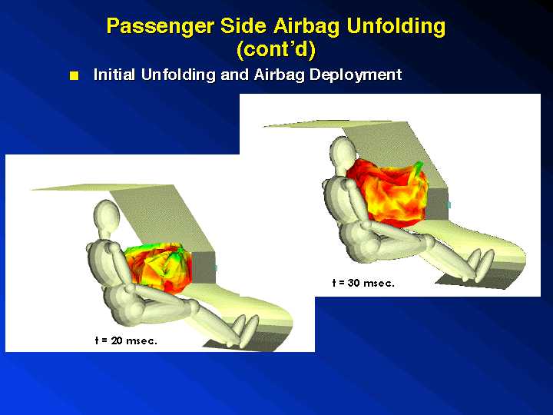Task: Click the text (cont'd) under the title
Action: coord(276,49)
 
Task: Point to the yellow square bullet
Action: coord(74,76)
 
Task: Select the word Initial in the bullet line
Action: coord(114,75)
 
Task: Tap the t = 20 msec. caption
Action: coord(126,340)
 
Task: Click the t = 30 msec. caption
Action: coord(363,283)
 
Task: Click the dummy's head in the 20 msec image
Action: coord(107,215)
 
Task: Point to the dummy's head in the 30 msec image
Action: coord(343,152)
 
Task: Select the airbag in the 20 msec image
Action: coord(159,267)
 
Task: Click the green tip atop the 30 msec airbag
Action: coord(418,168)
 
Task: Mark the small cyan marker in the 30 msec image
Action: coord(449,204)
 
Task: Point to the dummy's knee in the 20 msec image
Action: coord(194,307)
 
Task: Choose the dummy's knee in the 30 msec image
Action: coord(428,241)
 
